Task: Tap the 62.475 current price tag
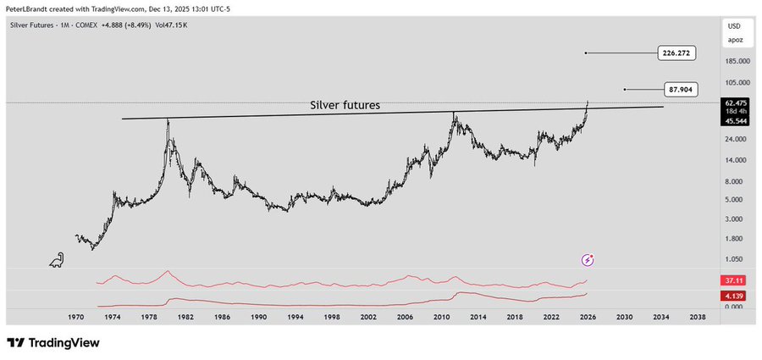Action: click(x=734, y=103)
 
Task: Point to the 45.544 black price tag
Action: click(x=734, y=120)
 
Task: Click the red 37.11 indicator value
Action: click(x=733, y=280)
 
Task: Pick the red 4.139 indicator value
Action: click(x=733, y=296)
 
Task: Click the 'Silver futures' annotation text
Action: click(x=345, y=106)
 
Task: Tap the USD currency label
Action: click(x=734, y=26)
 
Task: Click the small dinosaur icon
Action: click(x=57, y=259)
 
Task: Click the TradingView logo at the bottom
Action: click(x=53, y=343)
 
